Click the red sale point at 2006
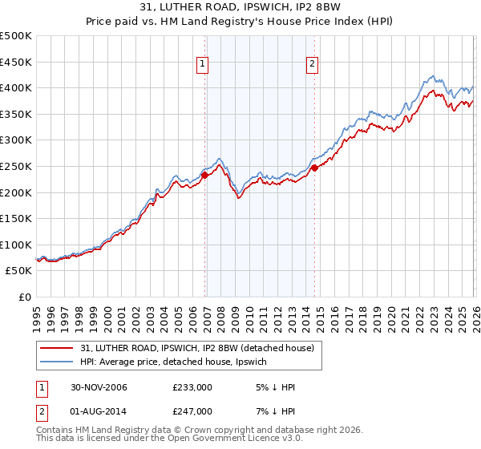point(205,175)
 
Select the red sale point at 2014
point(314,168)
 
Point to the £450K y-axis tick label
point(16,62)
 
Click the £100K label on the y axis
point(16,245)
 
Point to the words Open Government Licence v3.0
point(224,440)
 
